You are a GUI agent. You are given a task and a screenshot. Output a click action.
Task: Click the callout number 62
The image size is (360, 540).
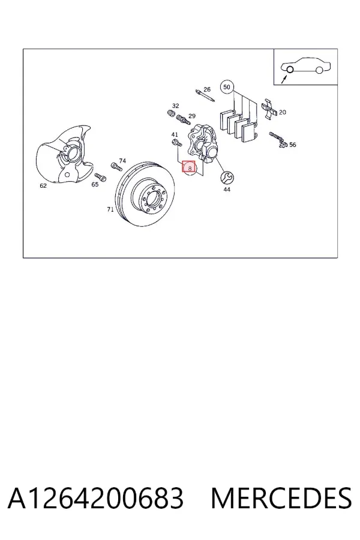pos(43,185)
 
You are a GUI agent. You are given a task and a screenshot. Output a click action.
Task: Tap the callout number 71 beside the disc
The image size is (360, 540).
pos(110,209)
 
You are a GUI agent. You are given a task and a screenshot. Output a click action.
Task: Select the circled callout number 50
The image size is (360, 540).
pos(226,87)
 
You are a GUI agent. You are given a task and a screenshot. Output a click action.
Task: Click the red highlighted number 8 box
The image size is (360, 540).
pos(189,167)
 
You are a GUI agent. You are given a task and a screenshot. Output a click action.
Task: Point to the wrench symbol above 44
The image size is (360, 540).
pos(227,178)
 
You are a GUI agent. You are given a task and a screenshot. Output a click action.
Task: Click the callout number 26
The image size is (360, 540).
pos(206,89)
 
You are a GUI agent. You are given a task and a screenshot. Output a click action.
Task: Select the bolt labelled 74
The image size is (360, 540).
pos(116,167)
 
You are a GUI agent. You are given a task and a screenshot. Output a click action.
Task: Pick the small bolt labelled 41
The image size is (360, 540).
pos(176,142)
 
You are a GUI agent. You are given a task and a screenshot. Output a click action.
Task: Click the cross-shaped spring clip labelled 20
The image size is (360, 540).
pos(270,109)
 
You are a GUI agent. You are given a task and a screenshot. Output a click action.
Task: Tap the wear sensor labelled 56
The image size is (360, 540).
pos(278,139)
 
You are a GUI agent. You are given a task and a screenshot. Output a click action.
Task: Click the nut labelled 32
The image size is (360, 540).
pos(170,113)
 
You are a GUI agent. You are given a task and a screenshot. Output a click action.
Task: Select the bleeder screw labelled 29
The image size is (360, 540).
pos(182,120)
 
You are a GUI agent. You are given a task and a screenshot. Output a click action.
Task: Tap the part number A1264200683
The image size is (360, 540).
pos(96,498)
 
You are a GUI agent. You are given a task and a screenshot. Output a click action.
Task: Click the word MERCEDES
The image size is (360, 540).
pos(281,498)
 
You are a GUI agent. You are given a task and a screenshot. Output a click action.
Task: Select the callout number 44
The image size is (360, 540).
pos(227,190)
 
